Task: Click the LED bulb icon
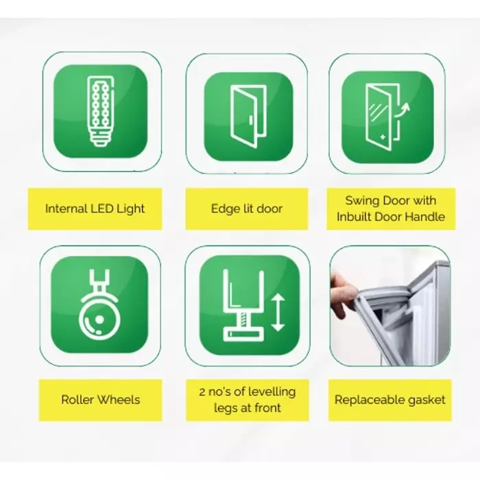[100, 111]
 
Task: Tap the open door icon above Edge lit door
[248, 117]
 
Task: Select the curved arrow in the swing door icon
[402, 110]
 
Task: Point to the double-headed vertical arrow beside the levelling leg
[278, 313]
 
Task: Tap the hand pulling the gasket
[340, 295]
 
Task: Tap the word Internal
[64, 208]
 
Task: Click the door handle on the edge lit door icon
[251, 120]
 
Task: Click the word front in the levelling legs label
[267, 408]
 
